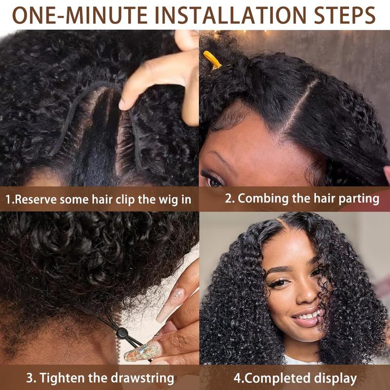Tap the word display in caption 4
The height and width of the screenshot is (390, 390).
[x=337, y=378]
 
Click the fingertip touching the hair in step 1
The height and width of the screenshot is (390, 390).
[x=126, y=103]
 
